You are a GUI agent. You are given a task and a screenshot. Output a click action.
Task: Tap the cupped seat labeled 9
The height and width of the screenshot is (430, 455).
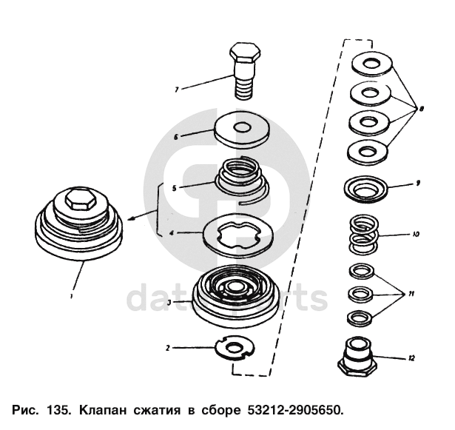tap(365, 189)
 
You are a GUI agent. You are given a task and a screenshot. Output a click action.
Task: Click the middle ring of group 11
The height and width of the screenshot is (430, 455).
tap(360, 293)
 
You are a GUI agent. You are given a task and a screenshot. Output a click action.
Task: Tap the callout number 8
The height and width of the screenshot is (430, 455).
tap(421, 108)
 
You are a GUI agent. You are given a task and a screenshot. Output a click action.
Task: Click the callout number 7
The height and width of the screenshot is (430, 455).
tap(176, 90)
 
